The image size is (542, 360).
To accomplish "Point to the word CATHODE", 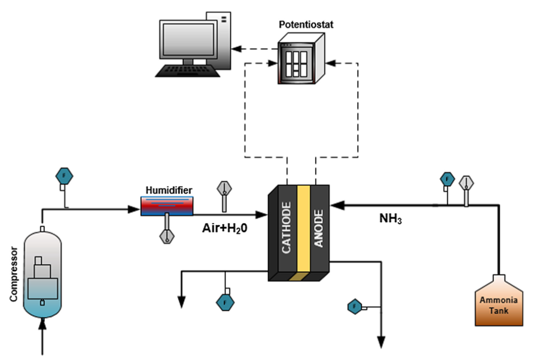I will (x=286, y=228).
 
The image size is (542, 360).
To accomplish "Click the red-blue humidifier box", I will (x=167, y=206).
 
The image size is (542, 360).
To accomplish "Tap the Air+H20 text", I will (x=225, y=228).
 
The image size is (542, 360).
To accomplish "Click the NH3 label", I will (x=390, y=218).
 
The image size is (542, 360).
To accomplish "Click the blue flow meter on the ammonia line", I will (x=448, y=179).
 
